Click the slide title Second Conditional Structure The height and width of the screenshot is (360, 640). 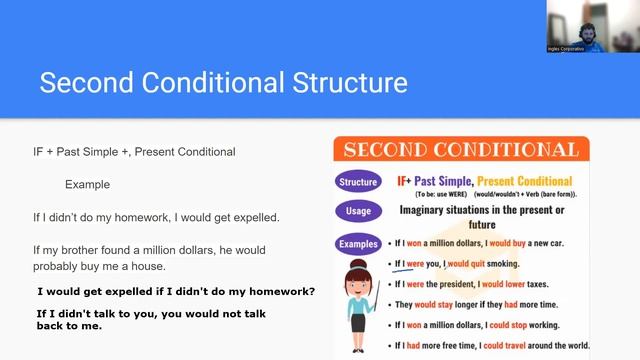(223, 82)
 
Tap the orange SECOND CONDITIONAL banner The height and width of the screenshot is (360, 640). (461, 150)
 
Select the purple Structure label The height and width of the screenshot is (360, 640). (358, 182)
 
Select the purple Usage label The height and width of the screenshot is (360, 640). (358, 212)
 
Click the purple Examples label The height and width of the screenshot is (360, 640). (358, 244)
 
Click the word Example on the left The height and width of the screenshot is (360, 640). (87, 185)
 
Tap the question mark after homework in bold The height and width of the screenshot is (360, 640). (312, 292)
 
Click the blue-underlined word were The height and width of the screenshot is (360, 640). (416, 264)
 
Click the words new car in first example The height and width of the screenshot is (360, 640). (553, 244)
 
